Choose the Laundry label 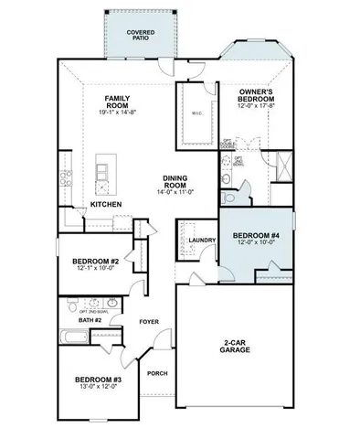point(201,241)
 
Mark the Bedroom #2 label point(95,262)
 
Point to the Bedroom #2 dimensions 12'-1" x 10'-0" point(95,271)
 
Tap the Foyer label point(149,322)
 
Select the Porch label point(157,372)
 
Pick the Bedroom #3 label point(97,379)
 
